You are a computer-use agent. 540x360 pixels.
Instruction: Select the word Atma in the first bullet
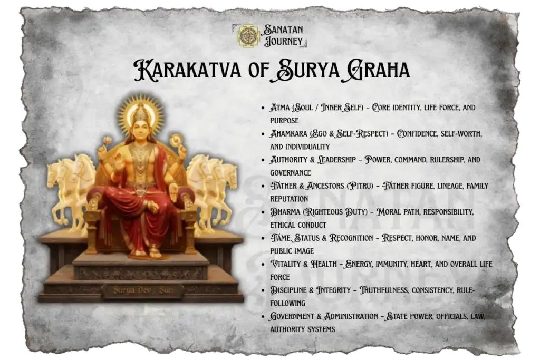point(279,108)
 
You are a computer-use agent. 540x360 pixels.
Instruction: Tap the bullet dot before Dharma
point(263,212)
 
